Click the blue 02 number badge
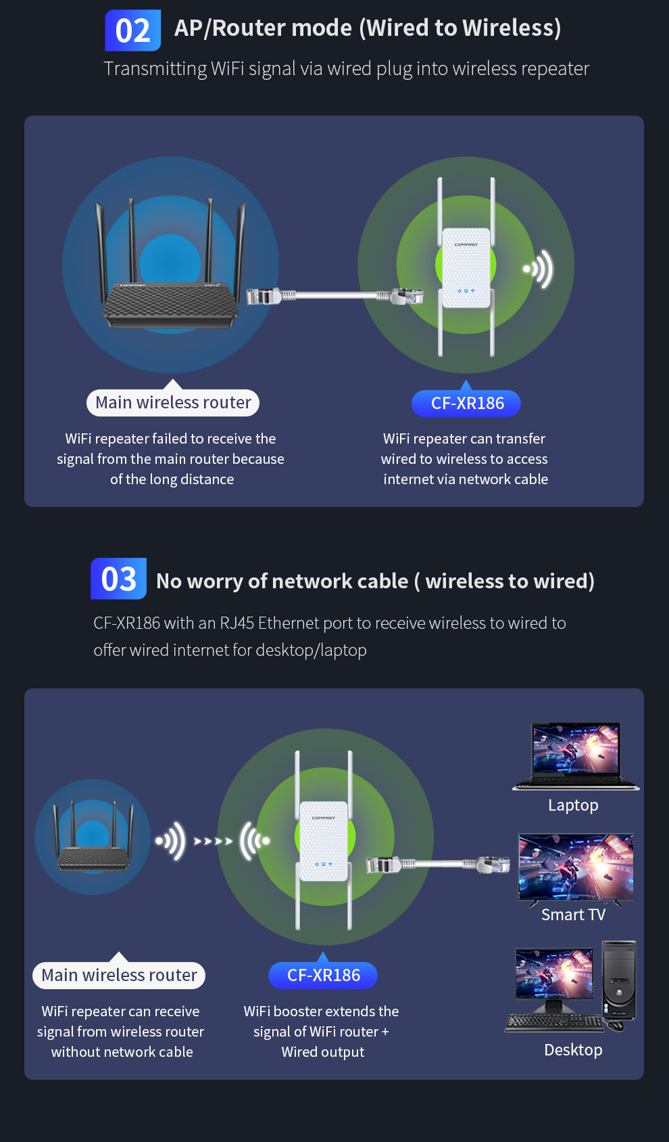[132, 30]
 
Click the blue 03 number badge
[118, 579]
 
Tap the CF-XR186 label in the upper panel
[467, 404]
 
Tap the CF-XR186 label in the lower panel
[323, 975]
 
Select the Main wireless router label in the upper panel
[173, 403]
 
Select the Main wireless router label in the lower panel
[119, 975]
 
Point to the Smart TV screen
[576, 867]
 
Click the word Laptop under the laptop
[573, 805]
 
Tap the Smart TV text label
[573, 915]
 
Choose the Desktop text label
[573, 1050]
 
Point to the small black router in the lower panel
[93, 857]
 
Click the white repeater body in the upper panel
[466, 268]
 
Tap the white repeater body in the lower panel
[324, 841]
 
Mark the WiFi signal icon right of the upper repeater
[539, 269]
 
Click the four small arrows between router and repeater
[213, 841]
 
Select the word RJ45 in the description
[237, 623]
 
